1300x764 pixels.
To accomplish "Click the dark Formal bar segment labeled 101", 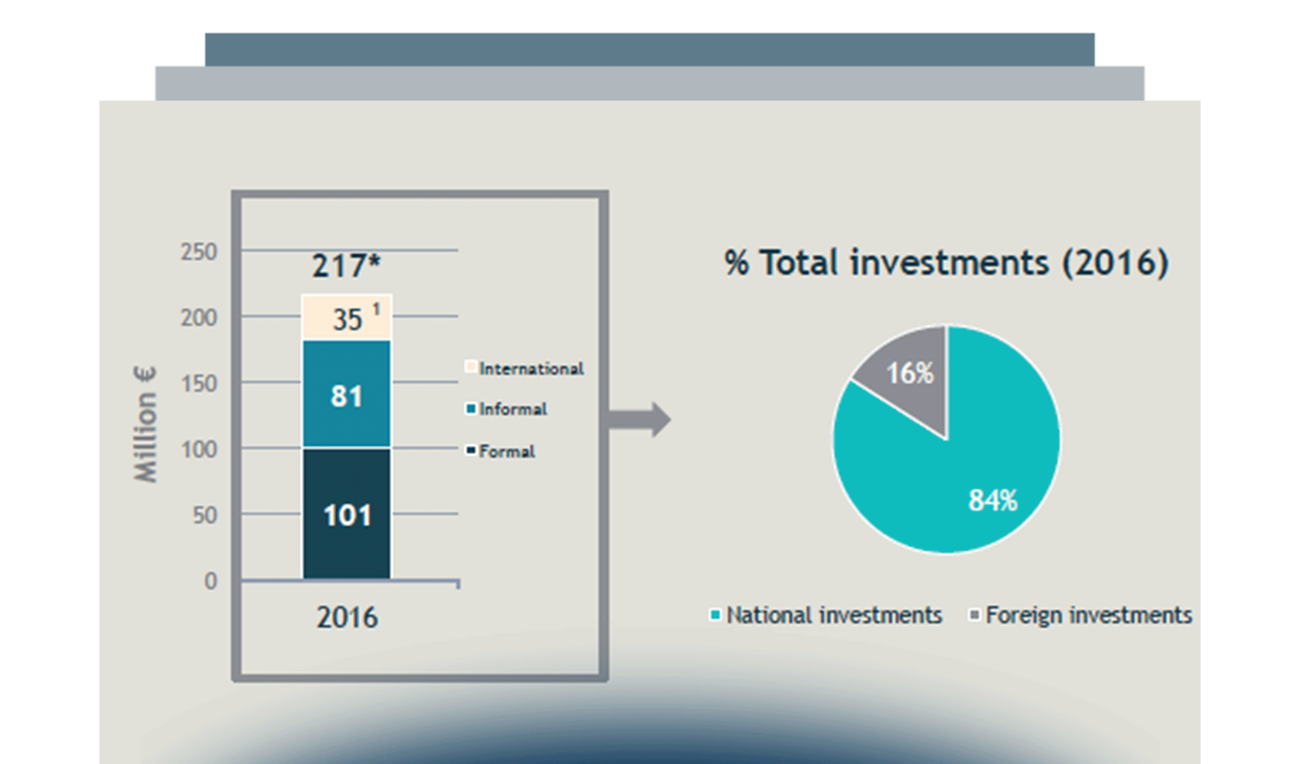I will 347,514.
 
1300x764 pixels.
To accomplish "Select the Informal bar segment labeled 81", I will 347,395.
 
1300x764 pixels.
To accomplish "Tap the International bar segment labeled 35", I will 347,318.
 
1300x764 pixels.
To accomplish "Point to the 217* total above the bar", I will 346,265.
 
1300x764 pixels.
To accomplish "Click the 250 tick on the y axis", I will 199,252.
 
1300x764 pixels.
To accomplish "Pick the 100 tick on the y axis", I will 199,450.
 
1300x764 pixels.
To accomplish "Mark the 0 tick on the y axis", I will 210,581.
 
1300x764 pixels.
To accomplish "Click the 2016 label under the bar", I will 347,617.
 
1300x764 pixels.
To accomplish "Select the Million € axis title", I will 145,425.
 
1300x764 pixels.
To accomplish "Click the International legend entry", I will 524,368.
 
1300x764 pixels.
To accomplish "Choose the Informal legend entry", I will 507,409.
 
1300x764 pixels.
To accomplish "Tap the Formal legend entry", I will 500,451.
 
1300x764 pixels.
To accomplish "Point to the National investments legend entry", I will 827,615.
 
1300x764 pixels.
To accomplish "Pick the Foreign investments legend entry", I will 1081,615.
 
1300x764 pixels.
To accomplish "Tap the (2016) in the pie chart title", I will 1115,262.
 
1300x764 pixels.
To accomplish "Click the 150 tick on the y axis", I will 199,384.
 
